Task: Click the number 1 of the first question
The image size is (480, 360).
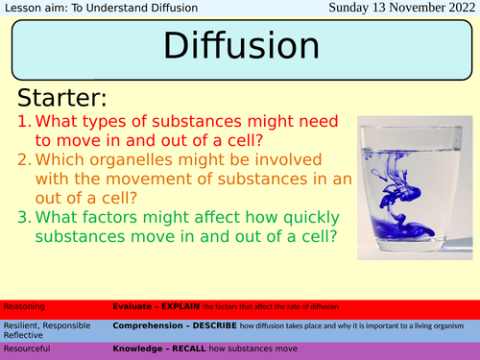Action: click(28, 123)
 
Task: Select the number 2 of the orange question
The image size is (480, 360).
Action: click(28, 158)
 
